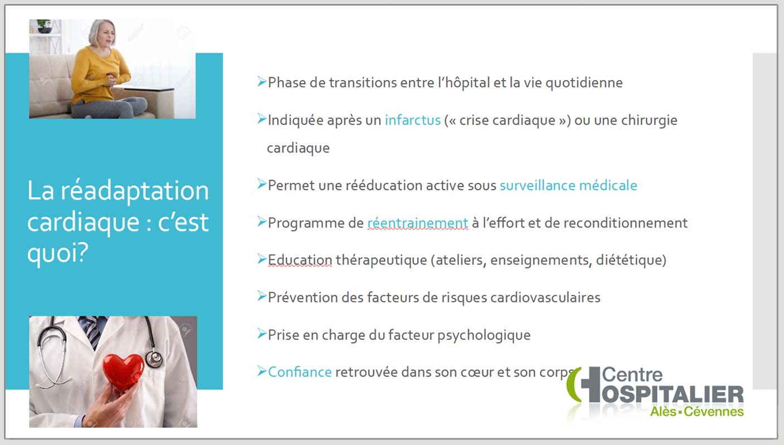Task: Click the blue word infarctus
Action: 413,120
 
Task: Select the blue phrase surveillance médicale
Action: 568,185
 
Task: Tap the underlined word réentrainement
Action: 418,223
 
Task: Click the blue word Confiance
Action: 299,372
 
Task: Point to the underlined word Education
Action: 300,260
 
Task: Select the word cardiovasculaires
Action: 545,297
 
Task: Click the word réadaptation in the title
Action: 135,192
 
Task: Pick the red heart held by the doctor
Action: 123,371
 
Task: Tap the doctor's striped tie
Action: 92,331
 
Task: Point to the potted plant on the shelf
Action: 44,27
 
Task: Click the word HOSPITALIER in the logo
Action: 672,394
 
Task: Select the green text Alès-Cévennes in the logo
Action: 697,412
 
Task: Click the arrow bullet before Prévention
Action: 262,296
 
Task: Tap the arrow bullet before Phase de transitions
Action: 262,81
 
